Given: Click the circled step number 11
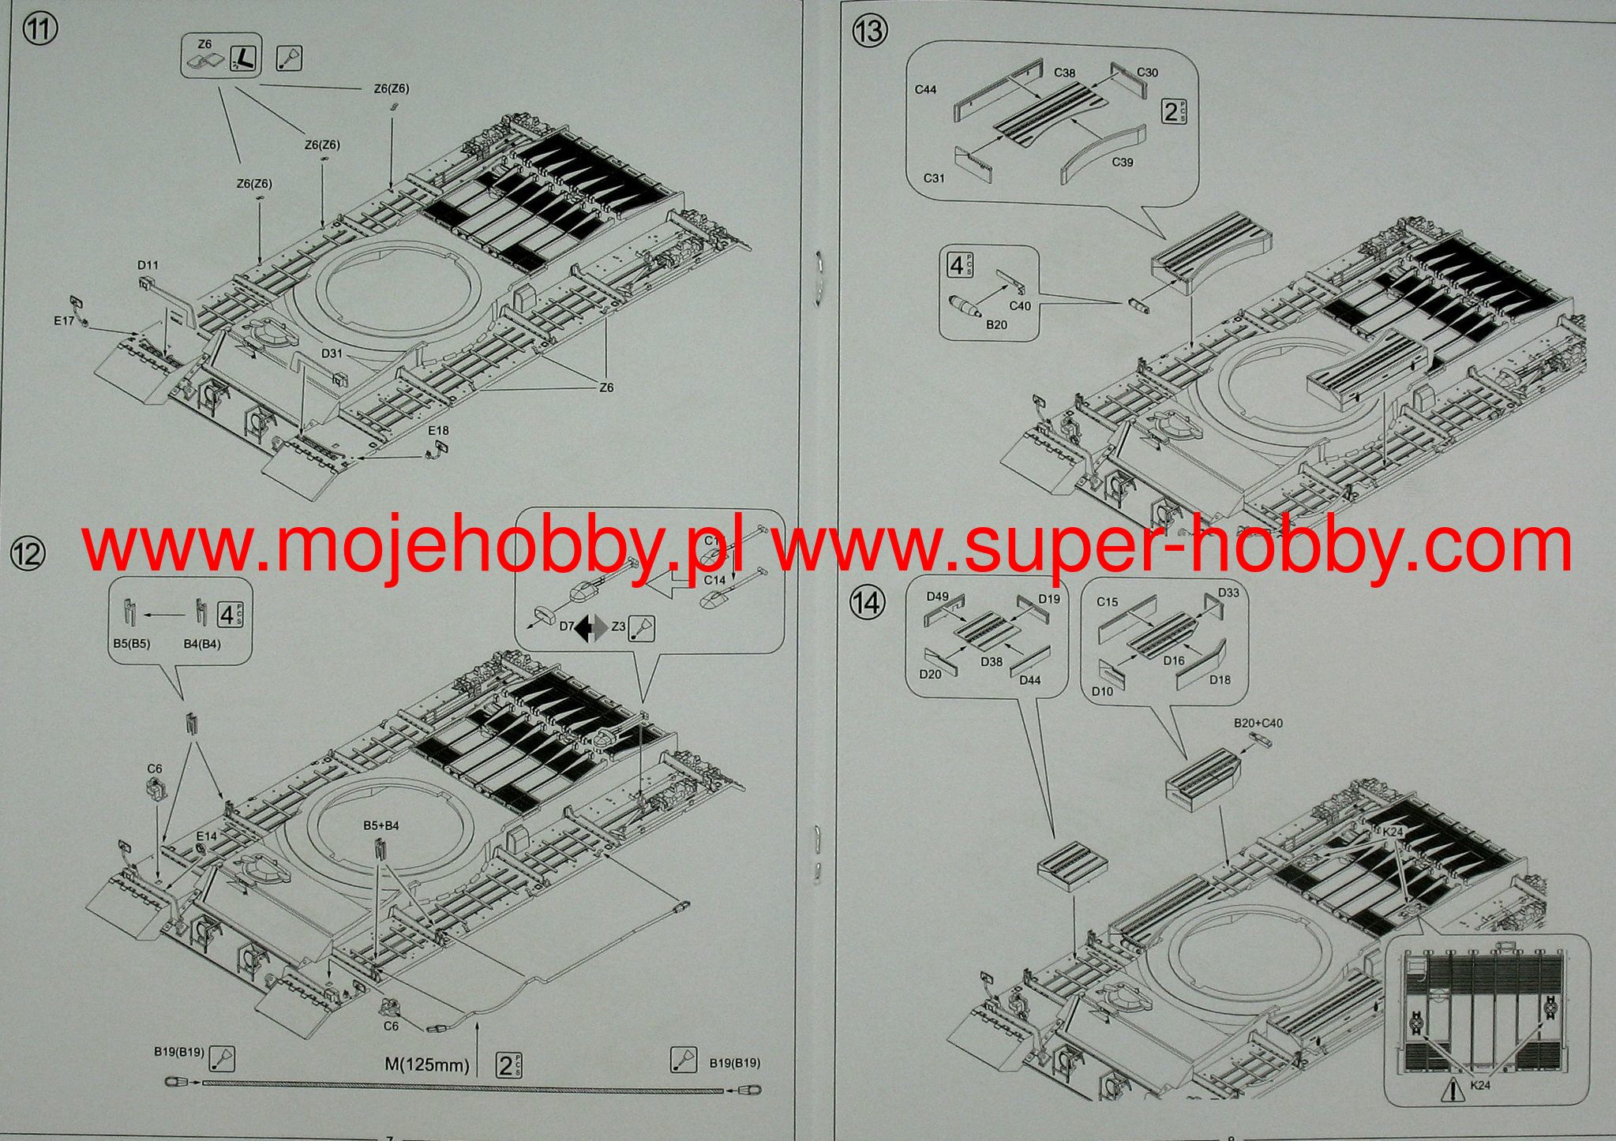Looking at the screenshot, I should tap(40, 31).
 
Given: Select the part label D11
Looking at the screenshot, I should tap(148, 265).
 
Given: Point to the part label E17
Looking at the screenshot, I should tap(64, 321).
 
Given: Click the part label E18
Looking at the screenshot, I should tap(438, 431).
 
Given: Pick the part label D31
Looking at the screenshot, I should tap(332, 354).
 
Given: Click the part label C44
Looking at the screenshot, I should tap(925, 90).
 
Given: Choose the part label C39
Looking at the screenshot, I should tap(1122, 162).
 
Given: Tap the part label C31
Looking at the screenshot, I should tap(934, 178).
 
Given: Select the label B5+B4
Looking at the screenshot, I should tap(381, 826).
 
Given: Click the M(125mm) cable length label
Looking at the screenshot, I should tap(427, 1065).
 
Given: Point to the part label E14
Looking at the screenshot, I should tap(206, 836).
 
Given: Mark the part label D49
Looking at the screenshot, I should tap(937, 597).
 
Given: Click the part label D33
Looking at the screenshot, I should tap(1228, 593).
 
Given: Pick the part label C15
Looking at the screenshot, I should tap(1107, 602).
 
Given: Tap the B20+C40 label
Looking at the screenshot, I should tap(1258, 723).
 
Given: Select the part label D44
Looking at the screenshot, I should tap(1030, 680).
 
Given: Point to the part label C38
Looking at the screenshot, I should tap(1064, 73).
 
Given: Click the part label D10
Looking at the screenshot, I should tap(1102, 691).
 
